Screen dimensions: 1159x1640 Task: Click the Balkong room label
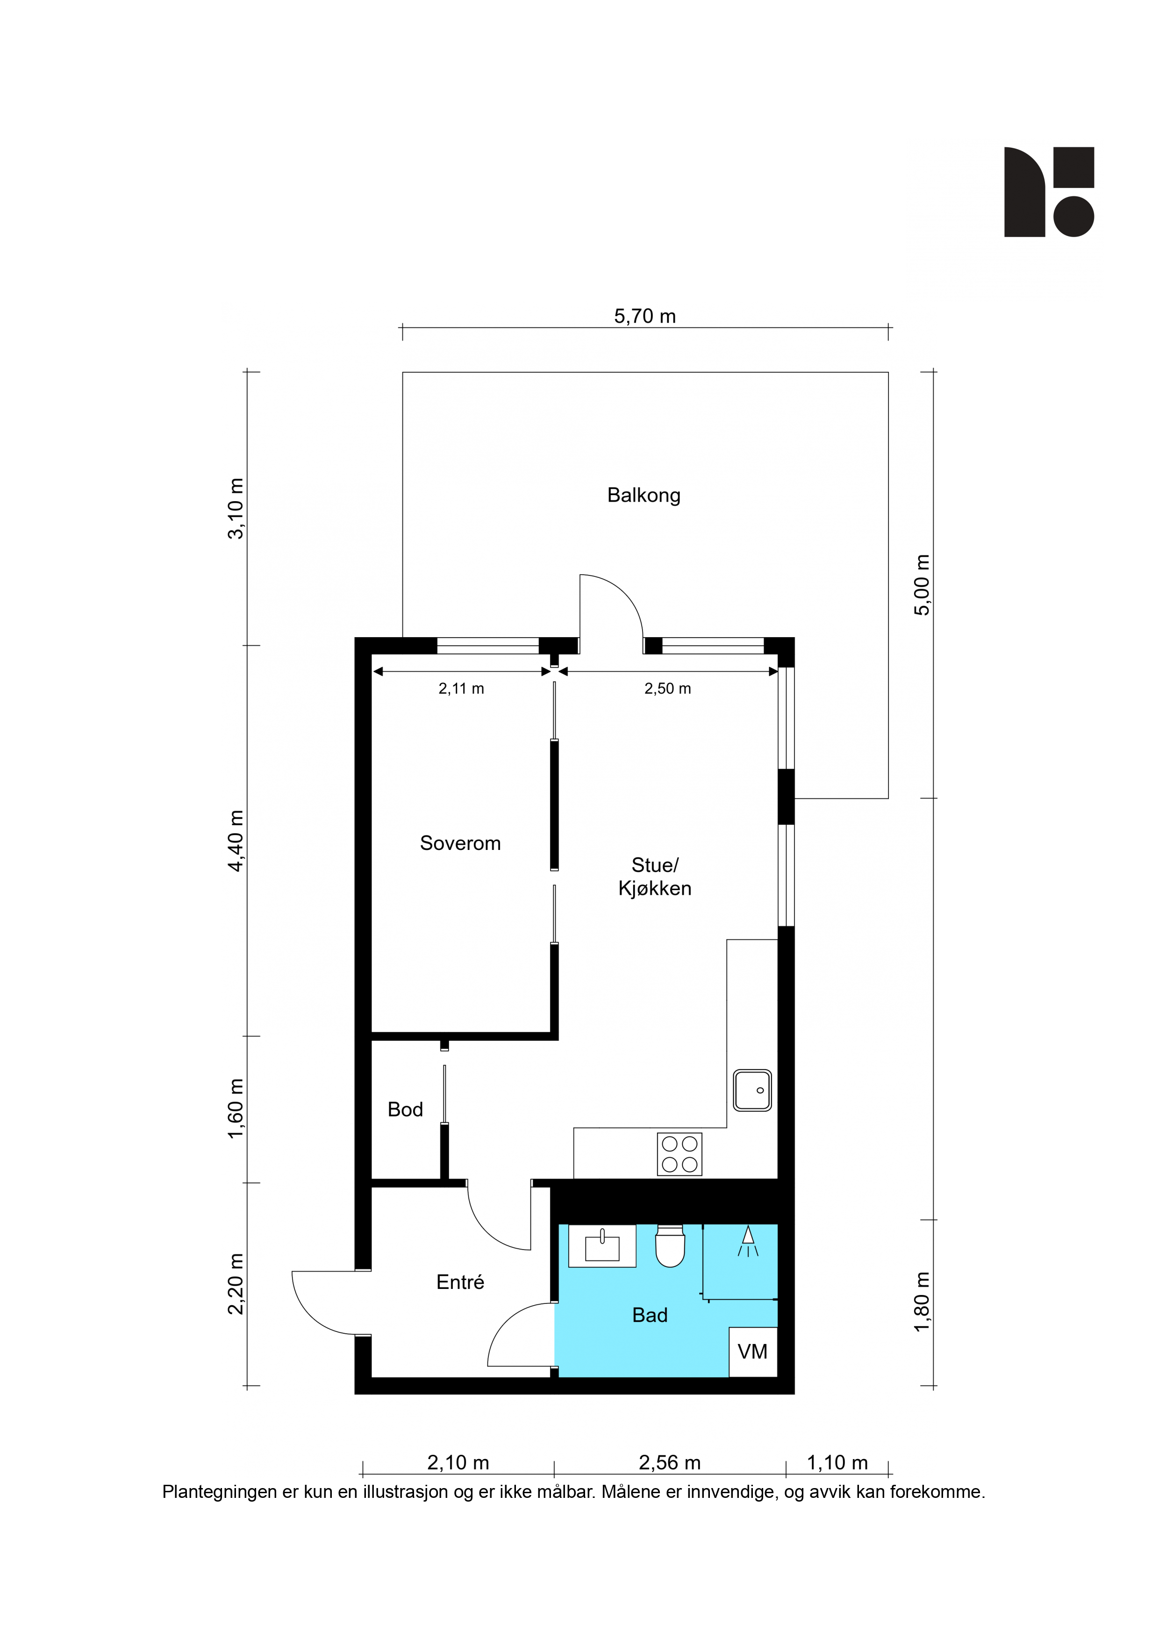[644, 496]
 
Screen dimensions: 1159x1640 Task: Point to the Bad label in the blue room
[650, 1315]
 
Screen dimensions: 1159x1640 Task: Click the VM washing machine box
[753, 1352]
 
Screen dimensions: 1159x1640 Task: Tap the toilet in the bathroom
[670, 1246]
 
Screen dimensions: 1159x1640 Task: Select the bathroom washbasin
[602, 1246]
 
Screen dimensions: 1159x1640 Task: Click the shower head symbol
[748, 1241]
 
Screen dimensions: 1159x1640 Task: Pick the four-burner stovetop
[679, 1154]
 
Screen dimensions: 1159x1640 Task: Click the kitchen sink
[753, 1090]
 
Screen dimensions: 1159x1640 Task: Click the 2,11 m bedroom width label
[461, 689]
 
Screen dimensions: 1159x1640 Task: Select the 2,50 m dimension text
[668, 689]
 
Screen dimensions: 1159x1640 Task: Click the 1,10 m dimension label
[837, 1463]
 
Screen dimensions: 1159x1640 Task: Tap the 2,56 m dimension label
[670, 1463]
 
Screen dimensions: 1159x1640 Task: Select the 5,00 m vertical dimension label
[922, 584]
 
